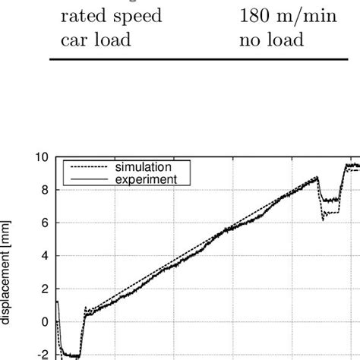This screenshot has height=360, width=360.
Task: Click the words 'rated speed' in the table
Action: point(115,15)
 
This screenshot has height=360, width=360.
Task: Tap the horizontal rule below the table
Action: point(205,58)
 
